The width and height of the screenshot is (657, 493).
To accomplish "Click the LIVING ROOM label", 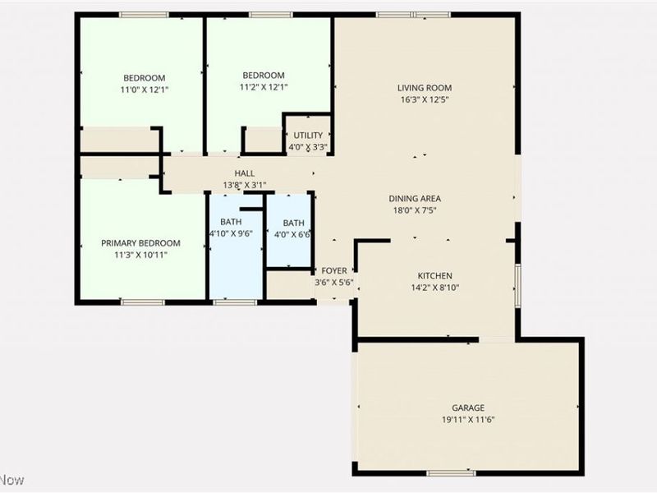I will (425, 88).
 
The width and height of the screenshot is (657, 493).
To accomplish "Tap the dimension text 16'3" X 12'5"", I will (425, 99).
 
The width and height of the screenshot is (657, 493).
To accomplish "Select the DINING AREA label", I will (416, 198).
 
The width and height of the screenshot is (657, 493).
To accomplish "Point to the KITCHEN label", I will (434, 275).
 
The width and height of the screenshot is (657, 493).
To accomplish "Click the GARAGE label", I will (468, 408).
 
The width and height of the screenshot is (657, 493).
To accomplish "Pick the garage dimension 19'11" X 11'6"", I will (468, 419).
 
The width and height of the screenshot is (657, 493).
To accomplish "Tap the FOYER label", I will (334, 270).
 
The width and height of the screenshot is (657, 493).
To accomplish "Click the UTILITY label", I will (308, 136).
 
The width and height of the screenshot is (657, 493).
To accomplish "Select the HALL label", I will (245, 173).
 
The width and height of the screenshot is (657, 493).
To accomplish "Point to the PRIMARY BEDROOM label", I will (140, 243).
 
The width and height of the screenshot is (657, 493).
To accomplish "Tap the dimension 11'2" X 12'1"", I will (264, 86).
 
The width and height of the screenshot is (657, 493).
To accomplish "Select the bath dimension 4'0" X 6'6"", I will (293, 235).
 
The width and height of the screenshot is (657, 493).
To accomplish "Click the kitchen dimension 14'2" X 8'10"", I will (434, 288).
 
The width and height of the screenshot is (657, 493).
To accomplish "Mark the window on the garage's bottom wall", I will (451, 473).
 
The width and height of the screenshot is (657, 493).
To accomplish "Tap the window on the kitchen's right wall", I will (517, 284).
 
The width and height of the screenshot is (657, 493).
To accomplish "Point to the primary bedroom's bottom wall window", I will (143, 302).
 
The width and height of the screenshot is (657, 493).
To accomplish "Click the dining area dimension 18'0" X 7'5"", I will (416, 210).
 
